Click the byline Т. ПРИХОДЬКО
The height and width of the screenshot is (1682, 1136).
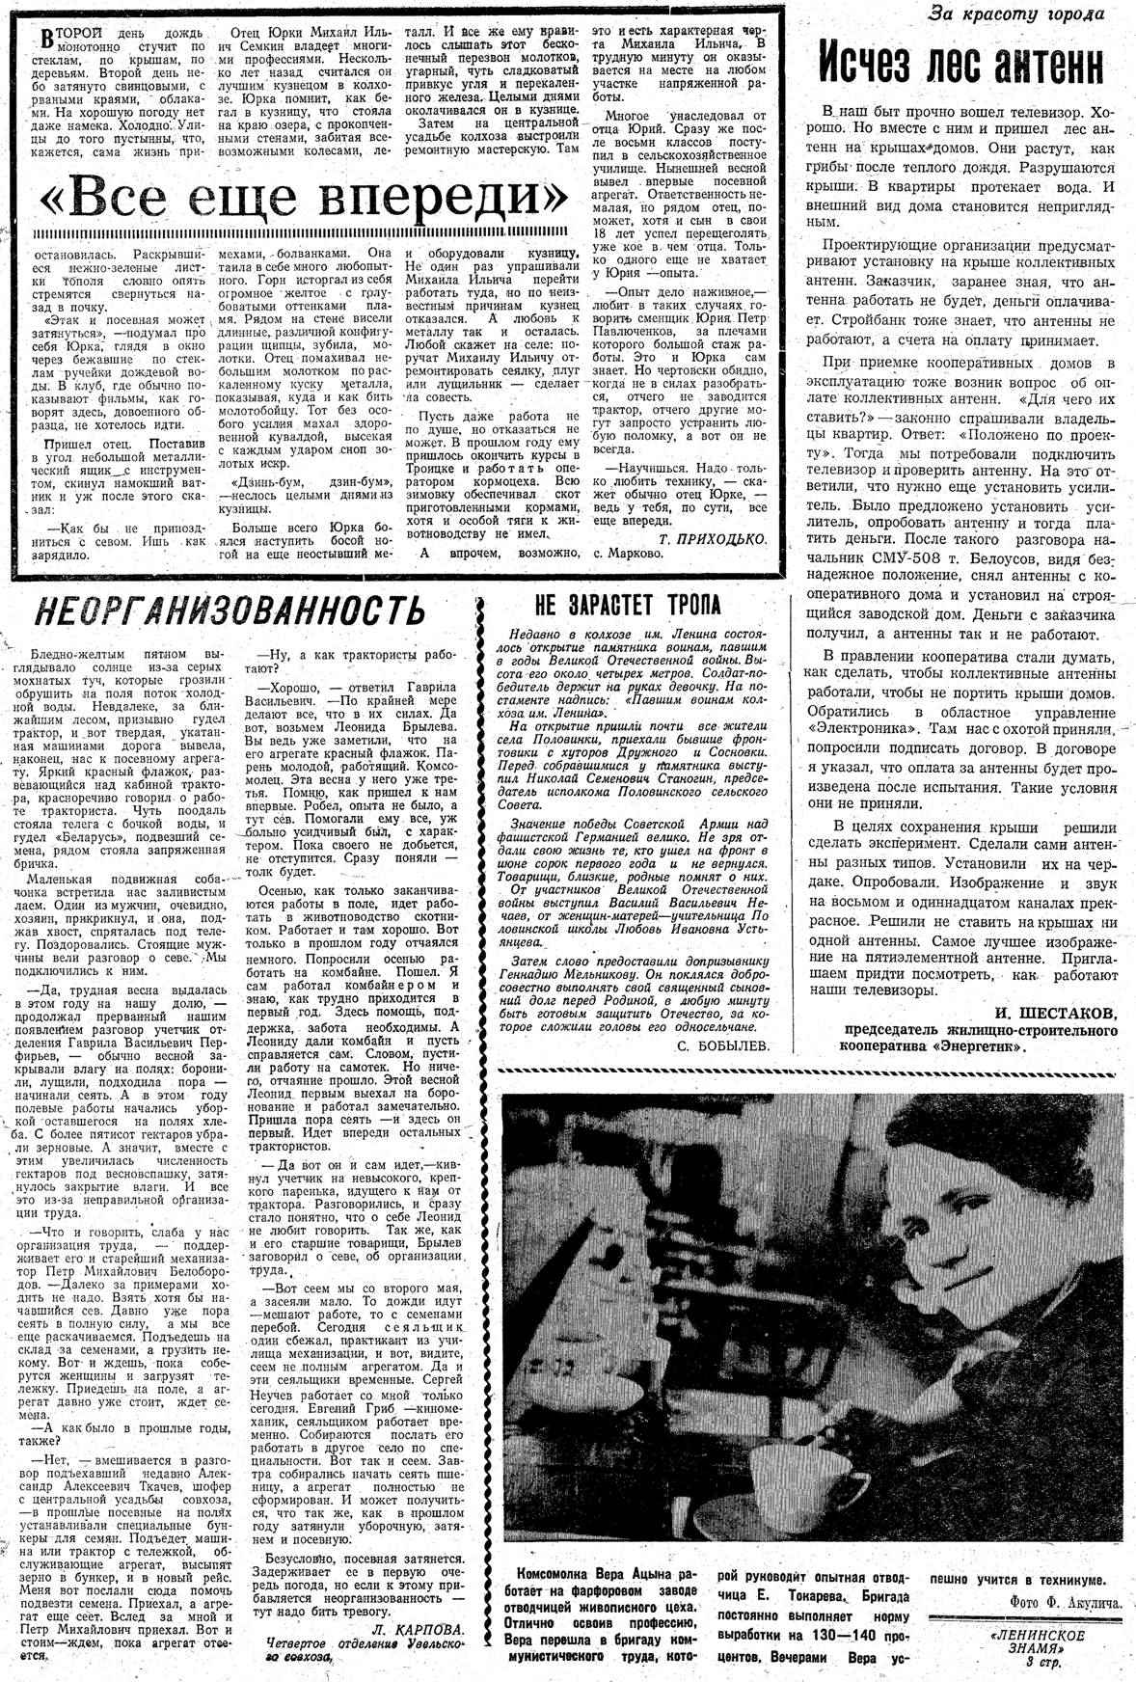tap(715, 538)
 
